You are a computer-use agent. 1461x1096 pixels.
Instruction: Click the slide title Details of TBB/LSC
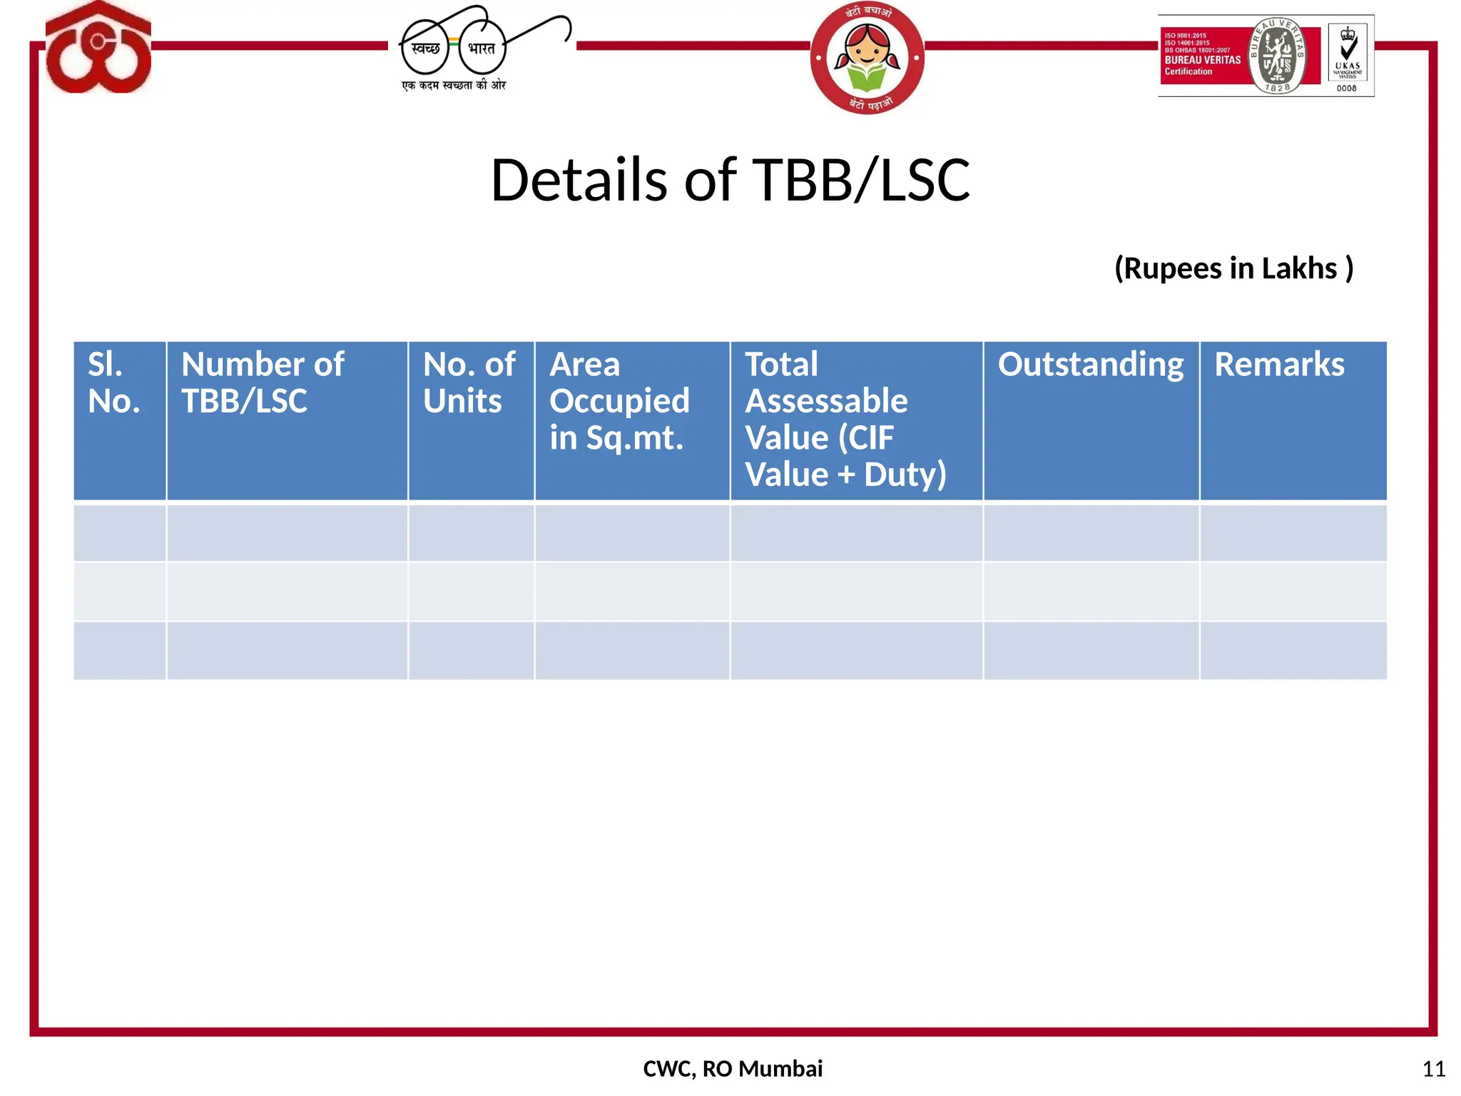click(730, 180)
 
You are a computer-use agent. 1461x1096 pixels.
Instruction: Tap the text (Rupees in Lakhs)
click(1233, 268)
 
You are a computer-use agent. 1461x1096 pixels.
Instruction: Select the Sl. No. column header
click(114, 383)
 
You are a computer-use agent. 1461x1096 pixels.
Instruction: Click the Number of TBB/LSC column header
click(263, 383)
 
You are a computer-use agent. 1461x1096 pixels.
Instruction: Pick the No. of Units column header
click(469, 383)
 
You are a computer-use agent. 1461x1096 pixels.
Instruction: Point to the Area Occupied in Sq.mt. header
click(619, 401)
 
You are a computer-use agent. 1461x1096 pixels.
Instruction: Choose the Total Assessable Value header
click(845, 420)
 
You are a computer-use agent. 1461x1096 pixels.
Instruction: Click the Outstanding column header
click(1090, 365)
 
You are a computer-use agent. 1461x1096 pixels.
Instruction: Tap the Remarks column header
click(1279, 365)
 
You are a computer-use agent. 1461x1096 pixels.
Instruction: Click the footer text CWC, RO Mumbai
click(733, 1068)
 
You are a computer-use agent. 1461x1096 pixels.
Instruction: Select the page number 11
click(1433, 1069)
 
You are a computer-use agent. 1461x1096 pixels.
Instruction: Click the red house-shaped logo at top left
click(98, 49)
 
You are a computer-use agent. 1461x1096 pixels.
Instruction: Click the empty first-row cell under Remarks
click(1293, 533)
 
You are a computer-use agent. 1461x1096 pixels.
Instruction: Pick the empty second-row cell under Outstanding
click(1091, 592)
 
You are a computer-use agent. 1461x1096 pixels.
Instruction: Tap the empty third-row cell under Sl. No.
click(120, 650)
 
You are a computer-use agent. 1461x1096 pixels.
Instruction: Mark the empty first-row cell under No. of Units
click(471, 533)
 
